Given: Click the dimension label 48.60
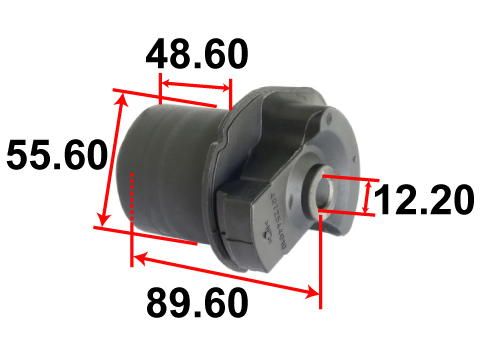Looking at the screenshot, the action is [197, 54].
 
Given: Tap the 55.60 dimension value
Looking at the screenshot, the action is [57, 155].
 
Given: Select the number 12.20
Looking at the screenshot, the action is [424, 200].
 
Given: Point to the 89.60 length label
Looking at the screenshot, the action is [197, 303].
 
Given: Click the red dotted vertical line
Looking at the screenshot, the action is [132, 197].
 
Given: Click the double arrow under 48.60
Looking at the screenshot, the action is [196, 85].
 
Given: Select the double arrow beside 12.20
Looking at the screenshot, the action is [367, 197].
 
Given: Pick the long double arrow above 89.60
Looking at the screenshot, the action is [226, 274].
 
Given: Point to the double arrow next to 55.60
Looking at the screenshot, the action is [114, 160].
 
